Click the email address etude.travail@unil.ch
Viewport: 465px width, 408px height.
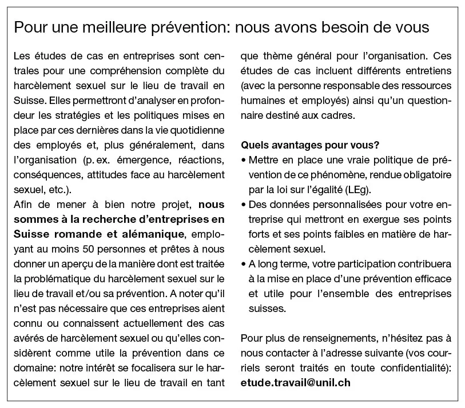(296, 382)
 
